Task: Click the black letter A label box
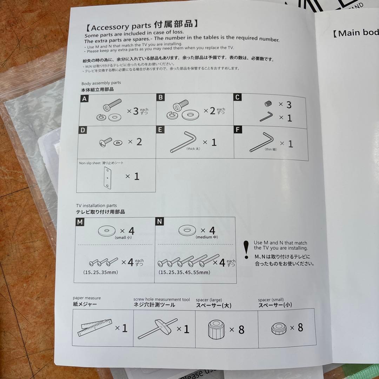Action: click(x=84, y=99)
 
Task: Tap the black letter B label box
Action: click(x=161, y=97)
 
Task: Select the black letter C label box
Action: click(x=238, y=97)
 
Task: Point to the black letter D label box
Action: click(x=83, y=130)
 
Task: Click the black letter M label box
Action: click(x=80, y=222)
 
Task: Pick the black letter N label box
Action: click(x=160, y=221)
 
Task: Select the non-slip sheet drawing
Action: click(x=107, y=178)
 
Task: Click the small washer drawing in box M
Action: click(x=107, y=231)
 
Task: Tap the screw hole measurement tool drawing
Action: click(x=154, y=328)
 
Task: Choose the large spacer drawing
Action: click(x=215, y=329)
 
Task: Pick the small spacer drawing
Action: click(x=279, y=328)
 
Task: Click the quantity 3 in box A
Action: click(x=135, y=112)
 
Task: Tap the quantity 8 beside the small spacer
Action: click(x=300, y=328)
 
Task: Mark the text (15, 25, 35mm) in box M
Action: click(x=100, y=272)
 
